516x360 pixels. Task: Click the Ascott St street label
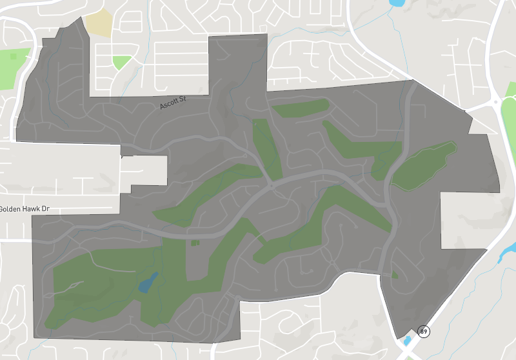point(172,101)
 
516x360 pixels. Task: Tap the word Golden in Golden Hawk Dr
point(12,209)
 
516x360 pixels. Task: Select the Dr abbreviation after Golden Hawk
point(46,209)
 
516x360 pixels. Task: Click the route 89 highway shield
point(423,331)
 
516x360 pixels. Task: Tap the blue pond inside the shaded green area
point(148,282)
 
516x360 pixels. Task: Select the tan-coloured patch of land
point(98,22)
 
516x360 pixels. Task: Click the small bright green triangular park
point(121,62)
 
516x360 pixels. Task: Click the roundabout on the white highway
point(495,101)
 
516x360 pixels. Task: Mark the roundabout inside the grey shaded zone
point(272,185)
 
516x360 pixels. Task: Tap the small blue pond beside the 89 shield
point(406,341)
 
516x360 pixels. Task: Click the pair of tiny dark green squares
point(195,243)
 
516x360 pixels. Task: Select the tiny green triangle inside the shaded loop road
point(395,275)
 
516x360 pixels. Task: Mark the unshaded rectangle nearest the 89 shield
point(462,220)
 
